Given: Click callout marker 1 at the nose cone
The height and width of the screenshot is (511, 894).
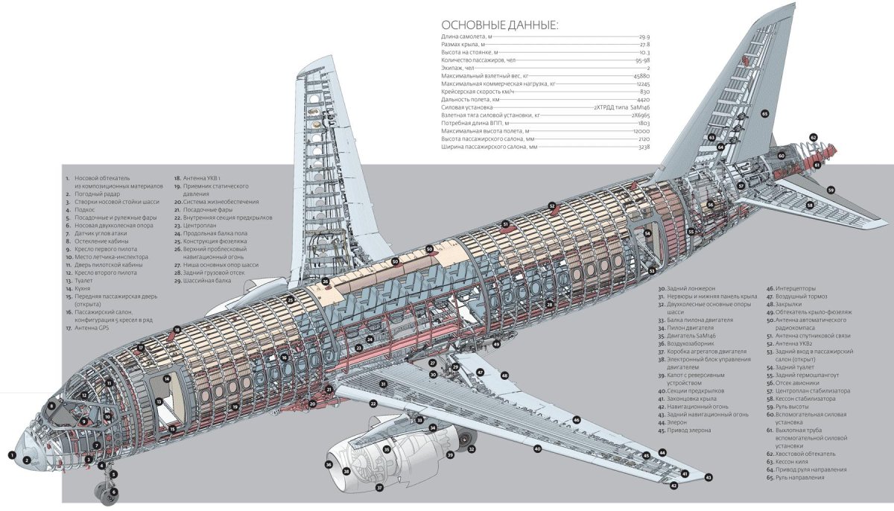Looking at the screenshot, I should tap(12, 454).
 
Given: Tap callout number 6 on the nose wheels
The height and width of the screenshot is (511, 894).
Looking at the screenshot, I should tap(114, 492).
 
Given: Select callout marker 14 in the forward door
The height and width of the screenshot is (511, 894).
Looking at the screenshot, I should tap(167, 378).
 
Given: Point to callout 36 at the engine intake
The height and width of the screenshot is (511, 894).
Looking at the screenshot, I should tap(329, 464).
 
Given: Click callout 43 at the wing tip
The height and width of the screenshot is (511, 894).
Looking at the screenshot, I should tap(708, 477).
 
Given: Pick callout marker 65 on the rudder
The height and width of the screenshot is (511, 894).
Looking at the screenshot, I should tap(764, 113).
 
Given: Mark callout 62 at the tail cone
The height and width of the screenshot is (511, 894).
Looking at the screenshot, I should tap(814, 138).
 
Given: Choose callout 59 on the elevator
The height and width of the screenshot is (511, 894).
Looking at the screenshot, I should tap(830, 190).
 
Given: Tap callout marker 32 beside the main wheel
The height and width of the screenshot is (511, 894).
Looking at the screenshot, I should tap(472, 448).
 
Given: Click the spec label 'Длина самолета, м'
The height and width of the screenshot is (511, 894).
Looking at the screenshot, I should tap(466, 36).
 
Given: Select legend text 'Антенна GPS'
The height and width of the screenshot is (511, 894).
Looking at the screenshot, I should tap(92, 328).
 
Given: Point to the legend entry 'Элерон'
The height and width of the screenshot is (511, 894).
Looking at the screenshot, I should tap(678, 422).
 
